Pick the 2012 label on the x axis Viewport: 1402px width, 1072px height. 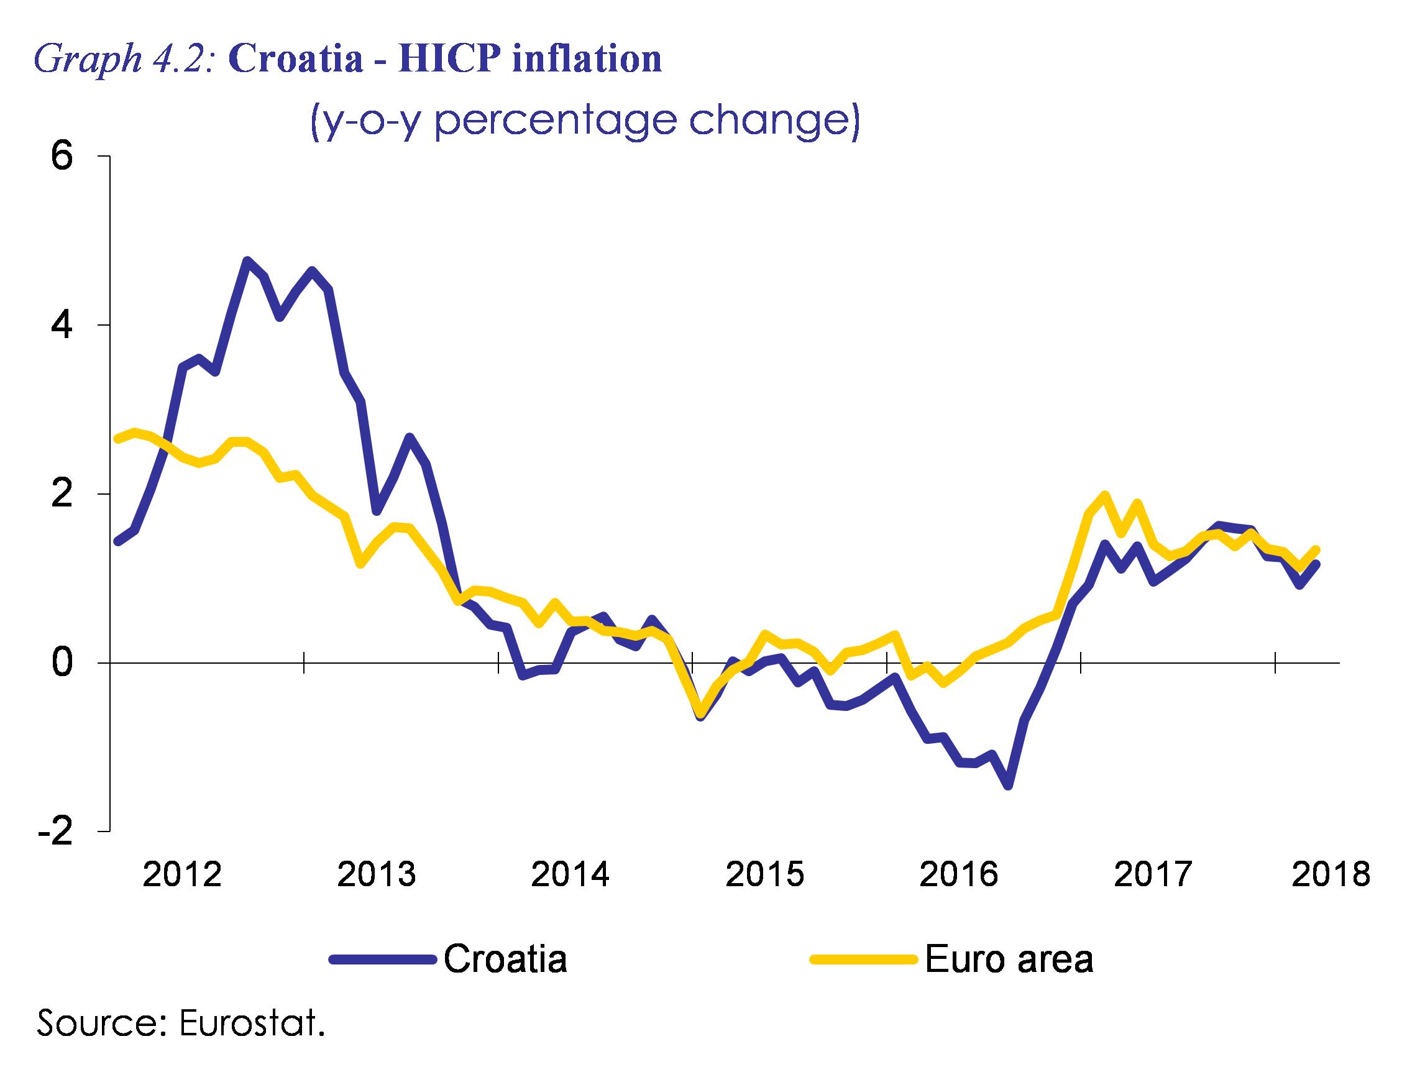[182, 874]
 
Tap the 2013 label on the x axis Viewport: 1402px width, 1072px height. [377, 874]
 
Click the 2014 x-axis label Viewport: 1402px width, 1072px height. [570, 874]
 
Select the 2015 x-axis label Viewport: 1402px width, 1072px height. [764, 874]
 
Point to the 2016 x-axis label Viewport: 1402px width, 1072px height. [958, 874]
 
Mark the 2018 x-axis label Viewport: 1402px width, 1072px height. [1330, 874]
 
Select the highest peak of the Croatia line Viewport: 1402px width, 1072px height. [247, 260]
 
